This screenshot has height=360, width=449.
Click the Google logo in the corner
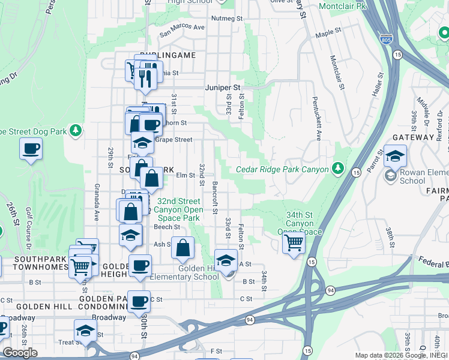[20, 353]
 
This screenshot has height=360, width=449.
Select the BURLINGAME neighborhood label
[169, 55]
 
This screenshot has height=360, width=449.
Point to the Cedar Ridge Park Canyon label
[282, 170]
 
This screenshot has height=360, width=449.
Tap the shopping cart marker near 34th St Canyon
[294, 243]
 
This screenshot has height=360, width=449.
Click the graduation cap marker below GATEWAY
[396, 157]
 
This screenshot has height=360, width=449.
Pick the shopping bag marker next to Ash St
[183, 247]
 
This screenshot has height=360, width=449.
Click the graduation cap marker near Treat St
[85, 331]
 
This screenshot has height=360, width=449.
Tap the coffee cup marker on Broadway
[140, 302]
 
